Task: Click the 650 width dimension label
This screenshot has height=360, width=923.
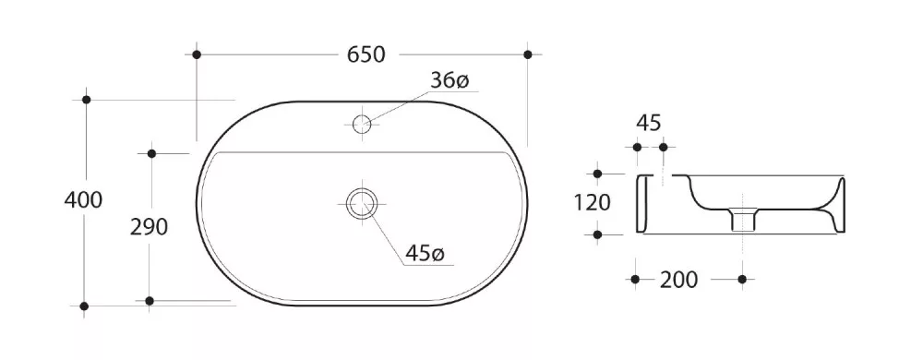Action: pos(366,54)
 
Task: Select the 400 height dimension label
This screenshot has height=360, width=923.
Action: pos(83,200)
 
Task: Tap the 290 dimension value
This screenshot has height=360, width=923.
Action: pos(149,226)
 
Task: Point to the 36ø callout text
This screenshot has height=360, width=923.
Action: pos(450,80)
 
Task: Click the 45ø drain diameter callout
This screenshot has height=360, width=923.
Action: pos(425,254)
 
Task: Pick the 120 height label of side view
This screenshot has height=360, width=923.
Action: pos(593,203)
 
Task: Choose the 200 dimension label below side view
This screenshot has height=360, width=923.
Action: pos(678,280)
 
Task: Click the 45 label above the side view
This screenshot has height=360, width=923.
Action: pos(649,123)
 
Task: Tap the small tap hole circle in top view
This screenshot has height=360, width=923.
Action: pos(362,124)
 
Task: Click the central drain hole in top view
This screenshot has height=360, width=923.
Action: pos(361,203)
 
